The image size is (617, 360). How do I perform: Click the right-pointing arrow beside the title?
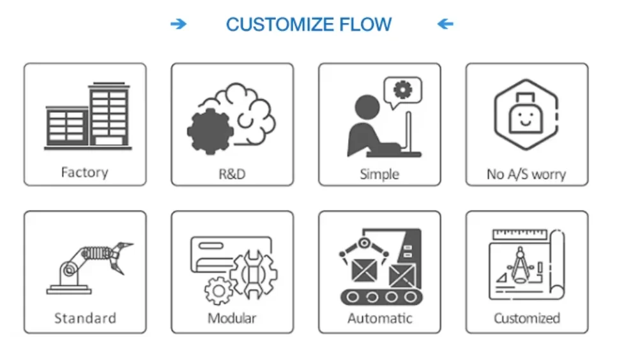click(178, 24)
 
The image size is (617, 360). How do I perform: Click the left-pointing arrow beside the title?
click(445, 24)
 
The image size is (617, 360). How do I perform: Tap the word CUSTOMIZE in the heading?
click(280, 24)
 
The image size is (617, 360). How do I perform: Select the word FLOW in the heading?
click(365, 24)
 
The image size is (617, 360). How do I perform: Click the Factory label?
click(84, 172)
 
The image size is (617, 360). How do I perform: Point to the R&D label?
click(232, 174)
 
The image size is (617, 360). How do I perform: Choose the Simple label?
click(379, 174)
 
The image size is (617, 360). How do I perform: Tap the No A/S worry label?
click(526, 174)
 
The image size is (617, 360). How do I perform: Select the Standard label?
click(85, 318)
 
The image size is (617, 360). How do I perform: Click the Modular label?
click(232, 318)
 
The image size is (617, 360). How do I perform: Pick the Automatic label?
click(380, 318)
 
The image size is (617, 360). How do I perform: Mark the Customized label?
click(527, 318)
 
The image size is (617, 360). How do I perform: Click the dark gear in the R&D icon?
click(209, 131)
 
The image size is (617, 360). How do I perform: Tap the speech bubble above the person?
click(402, 93)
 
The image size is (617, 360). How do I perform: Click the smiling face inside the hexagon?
click(526, 117)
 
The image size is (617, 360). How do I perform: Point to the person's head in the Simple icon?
click(367, 107)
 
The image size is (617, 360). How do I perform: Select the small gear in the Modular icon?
click(219, 291)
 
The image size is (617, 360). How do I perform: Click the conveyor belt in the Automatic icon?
click(381, 297)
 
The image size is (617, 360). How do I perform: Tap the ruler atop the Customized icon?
click(520, 234)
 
